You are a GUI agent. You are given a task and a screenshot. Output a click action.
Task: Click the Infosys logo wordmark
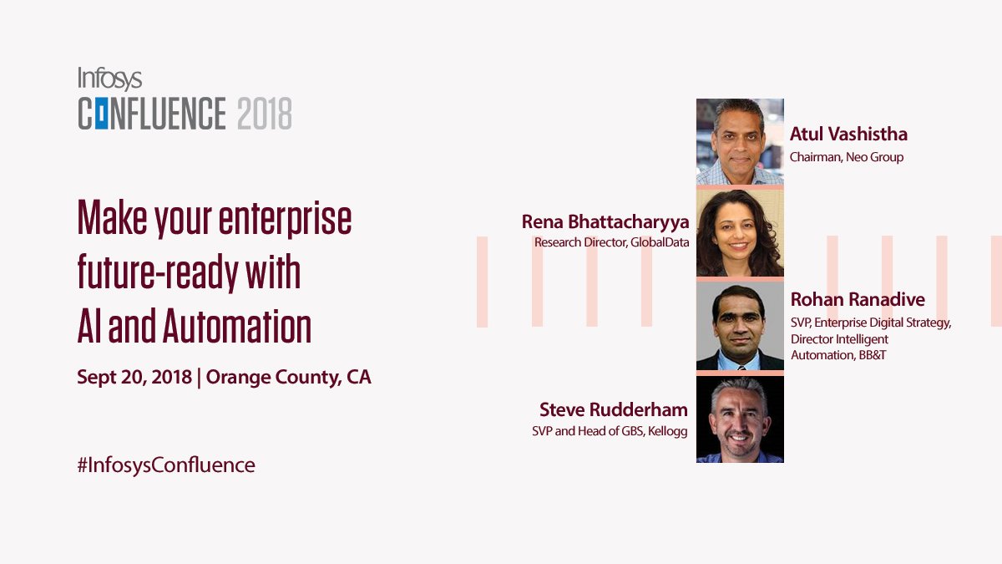(110, 79)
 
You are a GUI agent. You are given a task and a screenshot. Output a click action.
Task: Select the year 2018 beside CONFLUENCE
(265, 113)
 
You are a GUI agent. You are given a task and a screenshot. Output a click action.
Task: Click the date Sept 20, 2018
(134, 377)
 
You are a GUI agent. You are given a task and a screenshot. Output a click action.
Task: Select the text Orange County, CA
(288, 377)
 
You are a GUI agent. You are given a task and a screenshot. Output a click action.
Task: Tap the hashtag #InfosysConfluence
(165, 465)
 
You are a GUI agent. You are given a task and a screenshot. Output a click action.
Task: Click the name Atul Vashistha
(848, 135)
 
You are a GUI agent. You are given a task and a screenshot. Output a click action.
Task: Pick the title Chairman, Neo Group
(847, 157)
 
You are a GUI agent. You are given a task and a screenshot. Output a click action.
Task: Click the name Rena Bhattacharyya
(605, 221)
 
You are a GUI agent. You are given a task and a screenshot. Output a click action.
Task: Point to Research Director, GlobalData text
(612, 242)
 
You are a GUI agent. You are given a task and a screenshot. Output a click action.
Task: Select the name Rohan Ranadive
(858, 300)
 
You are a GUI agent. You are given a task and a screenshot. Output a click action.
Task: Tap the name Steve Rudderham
(614, 409)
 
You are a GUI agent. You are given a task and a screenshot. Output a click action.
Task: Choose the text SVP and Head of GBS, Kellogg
(610, 431)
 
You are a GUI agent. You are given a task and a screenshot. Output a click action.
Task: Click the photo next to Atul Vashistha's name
(740, 141)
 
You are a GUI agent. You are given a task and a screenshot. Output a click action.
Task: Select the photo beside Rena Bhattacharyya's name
(740, 233)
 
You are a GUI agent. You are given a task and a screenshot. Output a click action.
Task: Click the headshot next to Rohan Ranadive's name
(740, 326)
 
